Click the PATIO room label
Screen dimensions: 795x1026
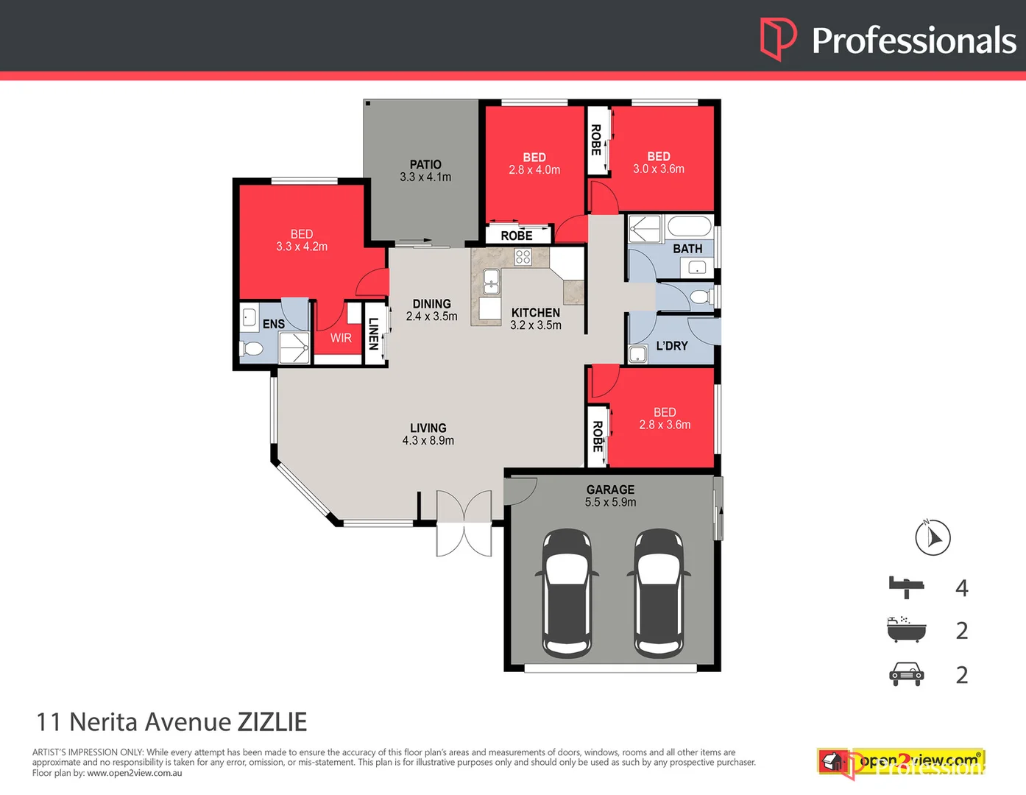coord(425,165)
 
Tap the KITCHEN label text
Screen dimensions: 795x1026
coord(536,313)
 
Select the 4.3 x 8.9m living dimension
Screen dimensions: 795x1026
coord(428,441)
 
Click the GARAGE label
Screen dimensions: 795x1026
coord(610,490)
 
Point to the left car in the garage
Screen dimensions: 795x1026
coord(567,593)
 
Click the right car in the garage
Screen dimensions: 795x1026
coord(659,593)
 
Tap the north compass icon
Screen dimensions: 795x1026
coord(933,537)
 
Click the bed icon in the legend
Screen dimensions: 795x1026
coord(906,587)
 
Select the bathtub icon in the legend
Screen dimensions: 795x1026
coord(906,630)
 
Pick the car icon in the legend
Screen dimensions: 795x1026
coord(906,674)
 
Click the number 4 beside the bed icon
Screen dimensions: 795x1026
coord(961,588)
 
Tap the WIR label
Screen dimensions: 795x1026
coord(341,338)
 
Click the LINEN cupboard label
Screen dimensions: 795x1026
coord(374,333)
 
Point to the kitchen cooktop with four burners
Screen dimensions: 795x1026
coord(523,257)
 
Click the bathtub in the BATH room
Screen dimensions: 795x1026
coord(689,225)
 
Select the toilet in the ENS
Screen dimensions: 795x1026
coord(252,348)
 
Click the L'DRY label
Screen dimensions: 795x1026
coord(672,345)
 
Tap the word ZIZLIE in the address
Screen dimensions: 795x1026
coord(272,722)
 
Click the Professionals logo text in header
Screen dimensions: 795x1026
coord(913,40)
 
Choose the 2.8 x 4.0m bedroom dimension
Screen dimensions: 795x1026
coord(534,170)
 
